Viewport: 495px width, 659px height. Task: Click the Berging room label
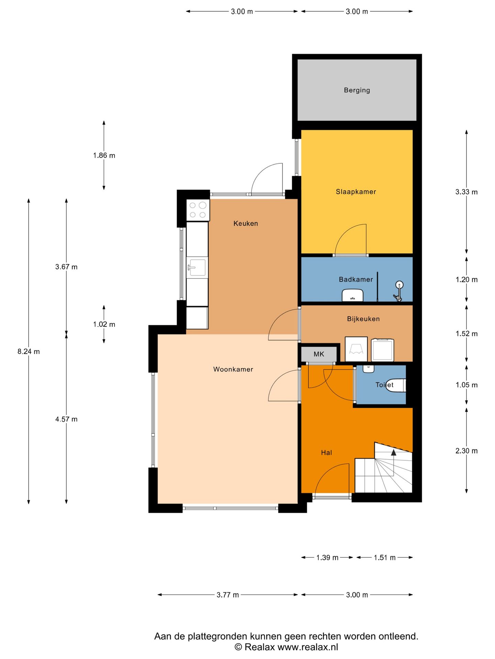(357, 90)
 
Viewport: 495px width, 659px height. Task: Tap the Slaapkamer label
(356, 192)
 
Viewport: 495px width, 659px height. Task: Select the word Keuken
(245, 223)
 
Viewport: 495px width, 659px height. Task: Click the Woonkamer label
(233, 369)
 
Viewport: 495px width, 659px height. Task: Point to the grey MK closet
(319, 354)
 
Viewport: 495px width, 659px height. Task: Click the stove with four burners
(198, 210)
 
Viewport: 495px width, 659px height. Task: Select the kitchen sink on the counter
(197, 267)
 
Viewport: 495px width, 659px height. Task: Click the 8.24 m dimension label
(29, 351)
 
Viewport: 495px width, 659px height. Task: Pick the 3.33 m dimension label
(466, 192)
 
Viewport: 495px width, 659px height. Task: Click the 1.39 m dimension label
(327, 558)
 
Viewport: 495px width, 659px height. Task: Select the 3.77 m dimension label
(228, 595)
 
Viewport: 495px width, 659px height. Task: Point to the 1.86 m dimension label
(104, 155)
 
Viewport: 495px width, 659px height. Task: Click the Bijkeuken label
(363, 319)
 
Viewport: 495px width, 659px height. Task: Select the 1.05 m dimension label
(466, 385)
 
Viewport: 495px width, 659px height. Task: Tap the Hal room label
(326, 453)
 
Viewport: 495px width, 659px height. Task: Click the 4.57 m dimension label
(66, 419)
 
